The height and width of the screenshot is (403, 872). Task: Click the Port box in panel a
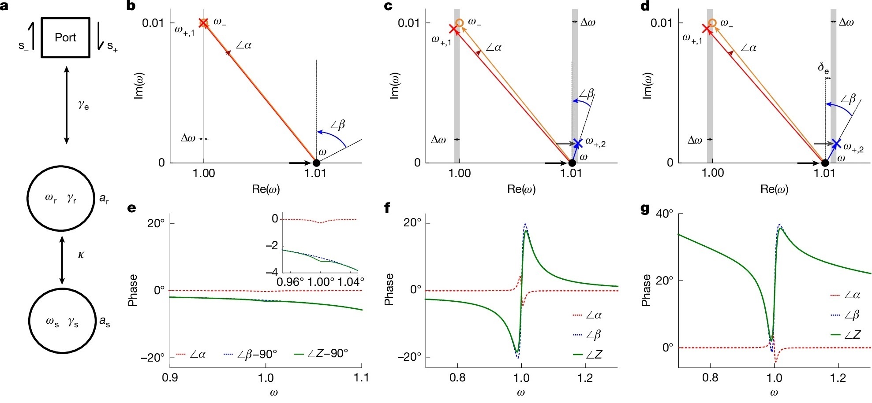(x=65, y=37)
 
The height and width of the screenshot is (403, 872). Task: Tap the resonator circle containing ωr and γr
(x=61, y=198)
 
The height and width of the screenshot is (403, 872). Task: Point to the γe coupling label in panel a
(x=83, y=105)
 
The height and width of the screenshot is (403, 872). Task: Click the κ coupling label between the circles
(x=81, y=255)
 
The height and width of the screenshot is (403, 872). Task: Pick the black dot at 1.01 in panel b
(x=316, y=163)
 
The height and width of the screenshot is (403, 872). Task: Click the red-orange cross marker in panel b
(x=203, y=23)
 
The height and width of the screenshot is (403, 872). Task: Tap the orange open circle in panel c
(x=459, y=23)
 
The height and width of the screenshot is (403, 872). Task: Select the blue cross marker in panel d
(x=835, y=144)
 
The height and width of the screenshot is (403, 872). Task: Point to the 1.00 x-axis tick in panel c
(x=459, y=173)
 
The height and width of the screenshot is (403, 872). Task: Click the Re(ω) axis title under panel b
(x=266, y=189)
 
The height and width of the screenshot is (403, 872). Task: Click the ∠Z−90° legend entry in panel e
(x=321, y=354)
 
